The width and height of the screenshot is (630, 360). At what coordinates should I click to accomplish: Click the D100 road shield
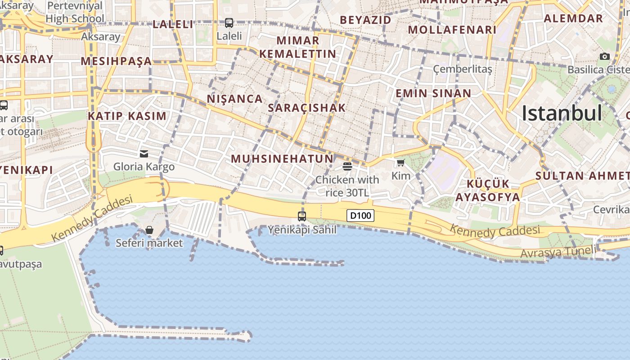click(x=360, y=216)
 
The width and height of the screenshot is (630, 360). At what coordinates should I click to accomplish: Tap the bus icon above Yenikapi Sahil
click(x=302, y=216)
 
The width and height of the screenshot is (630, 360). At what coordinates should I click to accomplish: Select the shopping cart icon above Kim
click(x=400, y=162)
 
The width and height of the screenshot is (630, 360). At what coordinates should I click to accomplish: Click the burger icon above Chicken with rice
click(x=347, y=166)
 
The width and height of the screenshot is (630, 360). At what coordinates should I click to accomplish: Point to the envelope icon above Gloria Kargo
click(x=144, y=154)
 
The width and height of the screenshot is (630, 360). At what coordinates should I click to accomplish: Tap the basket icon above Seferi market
click(x=149, y=230)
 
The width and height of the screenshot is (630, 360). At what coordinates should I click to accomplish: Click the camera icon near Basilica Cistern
click(x=605, y=56)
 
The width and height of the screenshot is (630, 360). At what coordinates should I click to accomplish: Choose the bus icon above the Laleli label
click(x=229, y=22)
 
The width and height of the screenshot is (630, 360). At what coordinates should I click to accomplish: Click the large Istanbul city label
click(x=562, y=113)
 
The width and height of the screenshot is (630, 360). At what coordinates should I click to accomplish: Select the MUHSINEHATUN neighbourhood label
click(x=282, y=158)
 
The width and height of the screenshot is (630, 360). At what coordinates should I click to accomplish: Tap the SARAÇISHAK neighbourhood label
click(x=306, y=108)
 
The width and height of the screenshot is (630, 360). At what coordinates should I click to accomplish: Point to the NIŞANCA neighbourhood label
click(x=234, y=99)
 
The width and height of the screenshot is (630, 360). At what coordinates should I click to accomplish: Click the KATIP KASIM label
click(x=127, y=116)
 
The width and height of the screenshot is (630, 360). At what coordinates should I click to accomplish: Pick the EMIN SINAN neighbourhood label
click(x=433, y=93)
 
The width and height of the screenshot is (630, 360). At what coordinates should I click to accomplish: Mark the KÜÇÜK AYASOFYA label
click(x=487, y=190)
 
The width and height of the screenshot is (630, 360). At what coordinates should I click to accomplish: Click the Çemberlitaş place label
click(x=463, y=69)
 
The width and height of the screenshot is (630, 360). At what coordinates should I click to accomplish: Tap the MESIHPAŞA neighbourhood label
click(x=116, y=61)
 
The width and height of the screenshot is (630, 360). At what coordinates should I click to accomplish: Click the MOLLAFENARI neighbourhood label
click(x=452, y=30)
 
